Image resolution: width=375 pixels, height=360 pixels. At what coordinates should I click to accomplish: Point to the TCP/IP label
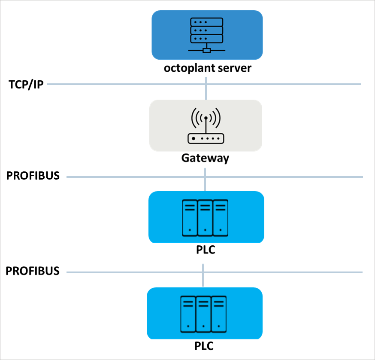tap(26, 85)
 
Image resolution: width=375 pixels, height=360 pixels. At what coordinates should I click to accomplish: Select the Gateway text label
tap(205, 158)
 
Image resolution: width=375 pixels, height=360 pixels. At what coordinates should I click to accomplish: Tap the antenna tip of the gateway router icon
tap(206, 118)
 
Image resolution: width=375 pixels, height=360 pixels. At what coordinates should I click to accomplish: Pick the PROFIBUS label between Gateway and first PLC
tap(33, 176)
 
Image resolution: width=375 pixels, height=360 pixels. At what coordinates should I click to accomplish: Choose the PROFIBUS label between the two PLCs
tap(33, 271)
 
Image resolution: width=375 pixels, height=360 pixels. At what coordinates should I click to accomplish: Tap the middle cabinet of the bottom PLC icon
tap(203, 313)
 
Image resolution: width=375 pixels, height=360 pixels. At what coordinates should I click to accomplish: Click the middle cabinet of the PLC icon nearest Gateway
tap(205, 217)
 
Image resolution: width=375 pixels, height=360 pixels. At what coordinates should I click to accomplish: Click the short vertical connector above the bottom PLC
tap(203, 279)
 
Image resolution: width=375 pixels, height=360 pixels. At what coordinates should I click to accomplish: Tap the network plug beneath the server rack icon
tap(206, 50)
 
